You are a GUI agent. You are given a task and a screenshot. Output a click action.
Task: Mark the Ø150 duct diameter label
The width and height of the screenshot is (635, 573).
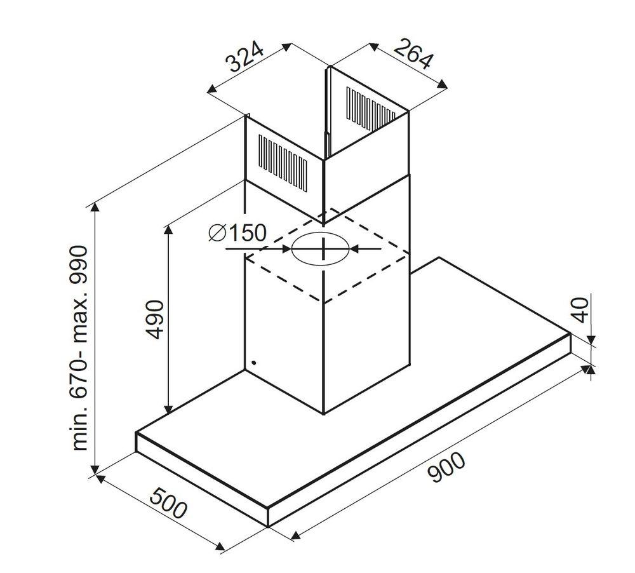click(x=236, y=233)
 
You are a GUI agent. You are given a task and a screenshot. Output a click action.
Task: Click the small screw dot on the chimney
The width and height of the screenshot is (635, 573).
click(x=253, y=363)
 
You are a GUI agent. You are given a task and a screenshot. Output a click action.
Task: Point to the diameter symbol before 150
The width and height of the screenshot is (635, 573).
click(x=217, y=233)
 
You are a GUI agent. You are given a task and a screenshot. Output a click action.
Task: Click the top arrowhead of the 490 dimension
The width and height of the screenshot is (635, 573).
click(x=168, y=227)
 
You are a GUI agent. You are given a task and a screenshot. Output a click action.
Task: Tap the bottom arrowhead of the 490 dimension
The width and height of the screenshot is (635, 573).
click(x=168, y=409)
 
